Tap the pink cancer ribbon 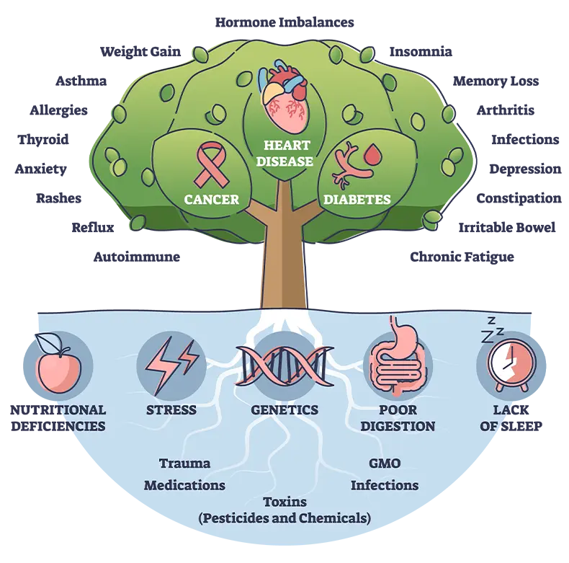tap(211, 164)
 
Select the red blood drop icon tap(372, 154)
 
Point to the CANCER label tap(211, 199)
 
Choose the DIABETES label tap(357, 200)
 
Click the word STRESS tap(171, 409)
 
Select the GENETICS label tap(284, 409)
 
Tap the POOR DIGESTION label tap(398, 417)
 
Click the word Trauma tap(184, 463)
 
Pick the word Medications tap(184, 485)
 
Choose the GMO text tap(384, 463)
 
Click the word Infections tap(384, 485)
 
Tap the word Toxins tap(284, 502)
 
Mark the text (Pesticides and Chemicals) tap(284, 518)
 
